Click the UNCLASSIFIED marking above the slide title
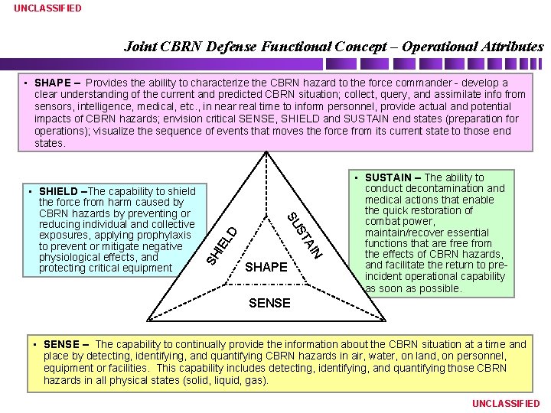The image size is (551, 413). (47, 8)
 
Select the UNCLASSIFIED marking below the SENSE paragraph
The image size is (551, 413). (506, 403)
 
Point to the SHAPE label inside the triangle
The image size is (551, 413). (266, 267)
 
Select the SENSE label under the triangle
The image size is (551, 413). (269, 303)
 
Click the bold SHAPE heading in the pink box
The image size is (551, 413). (52, 83)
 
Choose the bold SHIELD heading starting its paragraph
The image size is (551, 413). (58, 191)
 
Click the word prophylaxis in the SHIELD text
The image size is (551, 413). (161, 236)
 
